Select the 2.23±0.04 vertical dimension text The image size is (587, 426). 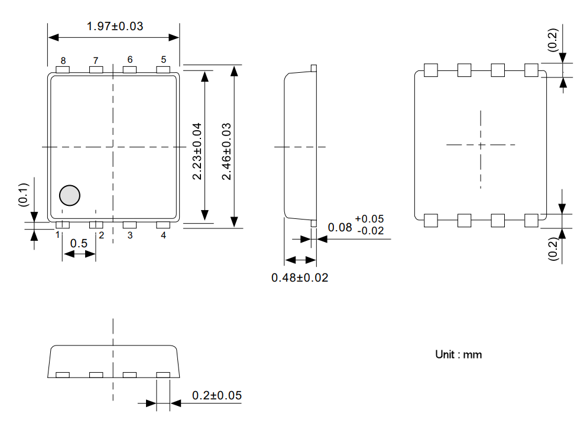(197, 151)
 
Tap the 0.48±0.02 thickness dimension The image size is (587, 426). (300, 277)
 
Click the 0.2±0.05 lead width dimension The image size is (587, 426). (217, 396)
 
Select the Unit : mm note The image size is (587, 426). (458, 354)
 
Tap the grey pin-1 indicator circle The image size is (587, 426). (70, 195)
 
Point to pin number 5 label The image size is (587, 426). (164, 60)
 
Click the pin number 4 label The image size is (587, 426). (164, 235)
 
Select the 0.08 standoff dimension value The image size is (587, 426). (340, 227)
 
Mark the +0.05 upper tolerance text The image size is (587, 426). (369, 220)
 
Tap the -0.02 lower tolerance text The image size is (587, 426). (371, 231)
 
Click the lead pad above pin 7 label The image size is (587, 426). (96, 70)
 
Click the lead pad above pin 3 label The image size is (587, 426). (129, 225)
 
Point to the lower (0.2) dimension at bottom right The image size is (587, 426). (553, 248)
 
